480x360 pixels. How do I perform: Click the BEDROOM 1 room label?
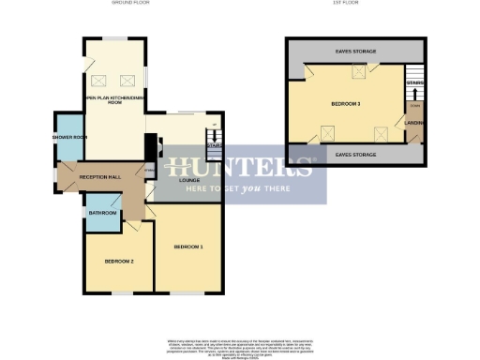(x=188, y=247)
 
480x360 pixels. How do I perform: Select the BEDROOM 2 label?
(x=118, y=261)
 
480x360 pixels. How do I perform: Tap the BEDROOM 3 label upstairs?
(x=346, y=103)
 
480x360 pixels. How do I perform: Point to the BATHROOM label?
(x=102, y=214)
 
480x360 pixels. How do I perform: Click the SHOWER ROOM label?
(x=69, y=138)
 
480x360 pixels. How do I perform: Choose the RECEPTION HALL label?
(x=97, y=176)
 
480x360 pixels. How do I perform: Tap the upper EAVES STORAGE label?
(x=355, y=51)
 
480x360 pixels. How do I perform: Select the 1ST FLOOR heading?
(x=357, y=4)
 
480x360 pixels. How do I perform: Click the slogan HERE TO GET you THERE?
(x=240, y=187)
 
